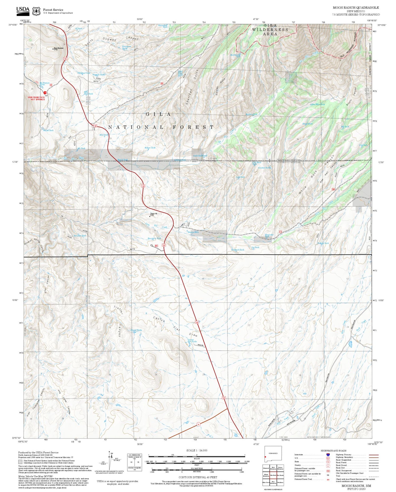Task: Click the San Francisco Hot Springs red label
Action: click(x=36, y=98)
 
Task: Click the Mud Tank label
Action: click(x=103, y=135)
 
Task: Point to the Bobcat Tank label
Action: click(x=150, y=148)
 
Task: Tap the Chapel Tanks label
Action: click(x=136, y=330)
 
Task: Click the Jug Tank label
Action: click(x=255, y=248)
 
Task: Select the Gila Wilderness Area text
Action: click(x=270, y=30)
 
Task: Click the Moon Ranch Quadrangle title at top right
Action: click(x=356, y=8)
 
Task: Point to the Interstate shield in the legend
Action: click(x=328, y=455)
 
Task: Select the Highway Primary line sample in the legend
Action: click(x=373, y=455)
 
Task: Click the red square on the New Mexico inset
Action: click(x=265, y=457)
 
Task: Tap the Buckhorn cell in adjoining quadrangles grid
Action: click(x=280, y=482)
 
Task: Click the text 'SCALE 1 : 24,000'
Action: click(x=197, y=450)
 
